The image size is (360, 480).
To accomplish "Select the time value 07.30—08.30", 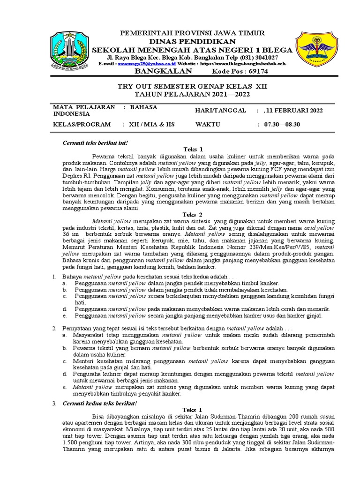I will tap(282, 125).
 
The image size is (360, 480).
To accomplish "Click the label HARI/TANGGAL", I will tap(220, 111).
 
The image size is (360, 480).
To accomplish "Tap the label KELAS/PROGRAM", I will tap(82, 125).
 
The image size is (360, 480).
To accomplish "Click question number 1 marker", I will tap(54, 277).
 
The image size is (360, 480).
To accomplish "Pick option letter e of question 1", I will tap(64, 315).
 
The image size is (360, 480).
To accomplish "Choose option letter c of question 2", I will tap(64, 361).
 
